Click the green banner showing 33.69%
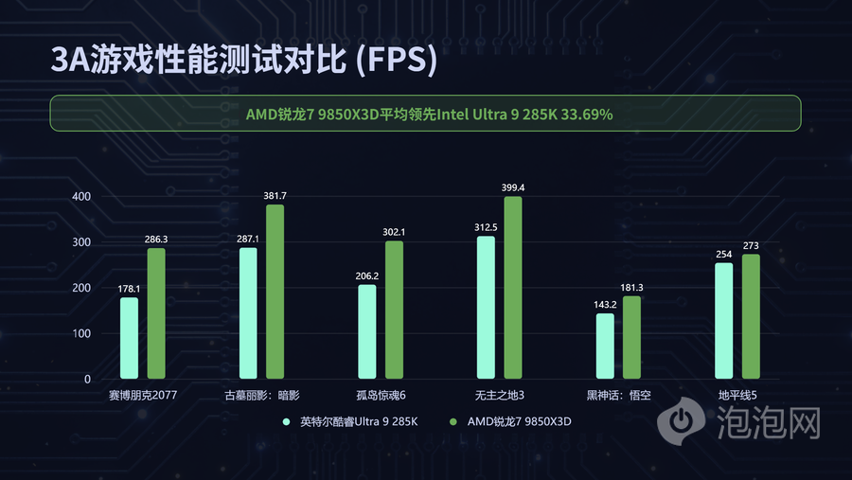tap(426, 114)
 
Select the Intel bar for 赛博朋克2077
tap(129, 338)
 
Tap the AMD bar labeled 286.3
tap(156, 313)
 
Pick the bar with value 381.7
tap(275, 292)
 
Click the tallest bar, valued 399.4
tap(512, 288)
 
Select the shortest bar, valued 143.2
tap(605, 346)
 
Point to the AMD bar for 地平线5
tap(751, 316)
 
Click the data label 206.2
tap(366, 276)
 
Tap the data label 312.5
tap(486, 227)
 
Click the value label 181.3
tap(631, 288)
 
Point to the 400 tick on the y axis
tap(81, 197)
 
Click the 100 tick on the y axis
tap(81, 334)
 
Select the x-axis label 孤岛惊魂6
tap(380, 395)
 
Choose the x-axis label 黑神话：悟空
tap(618, 395)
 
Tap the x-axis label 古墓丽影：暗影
tap(261, 395)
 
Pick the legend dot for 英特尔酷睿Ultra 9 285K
tap(286, 420)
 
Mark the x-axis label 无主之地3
tap(499, 395)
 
